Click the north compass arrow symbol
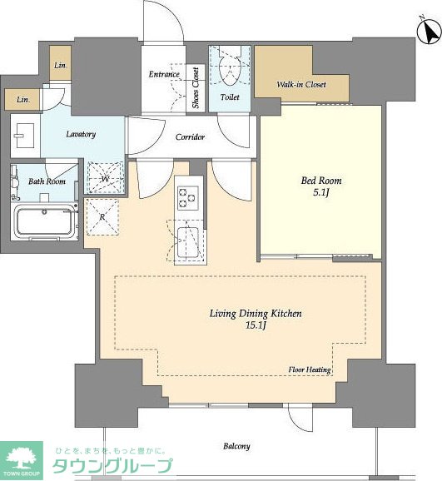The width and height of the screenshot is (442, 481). pos(430,30)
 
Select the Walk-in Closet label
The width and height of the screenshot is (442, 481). pos(301,84)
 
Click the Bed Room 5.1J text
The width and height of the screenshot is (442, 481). pos(321,186)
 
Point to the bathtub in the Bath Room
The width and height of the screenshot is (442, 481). pos(45,221)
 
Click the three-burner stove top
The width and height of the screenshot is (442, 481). pos(188,198)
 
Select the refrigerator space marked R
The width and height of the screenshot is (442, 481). pos(102,217)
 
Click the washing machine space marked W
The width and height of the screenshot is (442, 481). pos(105,178)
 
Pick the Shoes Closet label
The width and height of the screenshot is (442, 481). pos(196,87)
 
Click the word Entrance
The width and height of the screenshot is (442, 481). pos(164,74)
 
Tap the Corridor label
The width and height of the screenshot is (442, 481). pos(190,136)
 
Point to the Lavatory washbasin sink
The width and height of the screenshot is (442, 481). pos(25,135)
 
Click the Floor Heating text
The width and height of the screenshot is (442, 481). pos(310,369)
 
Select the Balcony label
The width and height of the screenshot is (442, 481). pos(236,446)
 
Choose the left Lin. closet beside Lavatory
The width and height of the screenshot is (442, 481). pos(22,99)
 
